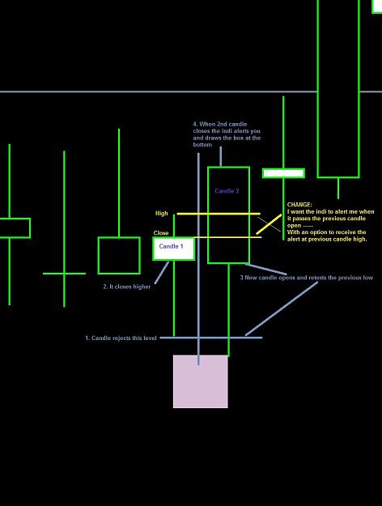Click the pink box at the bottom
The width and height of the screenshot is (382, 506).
click(201, 381)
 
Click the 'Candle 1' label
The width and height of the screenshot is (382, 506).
click(171, 246)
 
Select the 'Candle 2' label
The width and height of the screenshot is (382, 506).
click(227, 191)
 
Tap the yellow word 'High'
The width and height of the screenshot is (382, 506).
click(162, 213)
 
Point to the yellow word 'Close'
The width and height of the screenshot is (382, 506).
click(161, 232)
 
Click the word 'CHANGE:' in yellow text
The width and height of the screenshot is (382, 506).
click(299, 205)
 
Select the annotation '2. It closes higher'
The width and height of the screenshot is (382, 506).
click(127, 287)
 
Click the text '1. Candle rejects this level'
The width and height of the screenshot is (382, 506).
click(121, 338)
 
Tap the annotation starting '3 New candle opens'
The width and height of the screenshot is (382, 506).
click(307, 278)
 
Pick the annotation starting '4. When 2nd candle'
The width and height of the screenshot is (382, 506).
click(227, 134)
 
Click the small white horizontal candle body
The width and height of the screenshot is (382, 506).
click(283, 173)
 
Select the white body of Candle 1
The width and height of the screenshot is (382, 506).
click(173, 249)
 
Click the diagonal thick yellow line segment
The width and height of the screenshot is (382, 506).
click(269, 224)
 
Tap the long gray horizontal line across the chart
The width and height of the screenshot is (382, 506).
click(191, 91)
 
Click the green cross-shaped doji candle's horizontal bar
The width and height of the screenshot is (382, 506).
click(64, 274)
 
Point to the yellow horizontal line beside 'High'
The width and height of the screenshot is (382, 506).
click(219, 214)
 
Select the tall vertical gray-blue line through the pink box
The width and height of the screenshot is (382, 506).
click(198, 259)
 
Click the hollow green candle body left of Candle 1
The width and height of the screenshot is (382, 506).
click(119, 256)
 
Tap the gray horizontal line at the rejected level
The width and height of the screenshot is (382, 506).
click(211, 338)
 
